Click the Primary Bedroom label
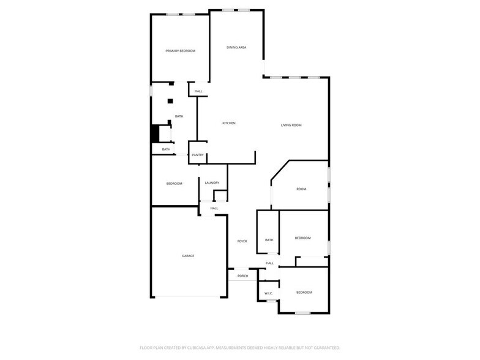point(180,51)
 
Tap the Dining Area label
point(236,47)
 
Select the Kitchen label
point(228,123)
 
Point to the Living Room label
point(291,126)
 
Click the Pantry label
point(197,155)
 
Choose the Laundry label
point(212,182)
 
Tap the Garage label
point(188,255)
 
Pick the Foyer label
point(242,241)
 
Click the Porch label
point(243,276)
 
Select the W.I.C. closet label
point(268,293)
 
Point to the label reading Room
point(301,189)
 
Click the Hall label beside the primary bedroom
point(198,91)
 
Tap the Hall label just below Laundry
point(214,208)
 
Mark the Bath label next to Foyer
point(269,240)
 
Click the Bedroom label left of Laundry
point(174,184)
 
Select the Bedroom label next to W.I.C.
point(304,293)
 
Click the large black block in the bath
point(156,134)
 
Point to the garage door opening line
point(189,297)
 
